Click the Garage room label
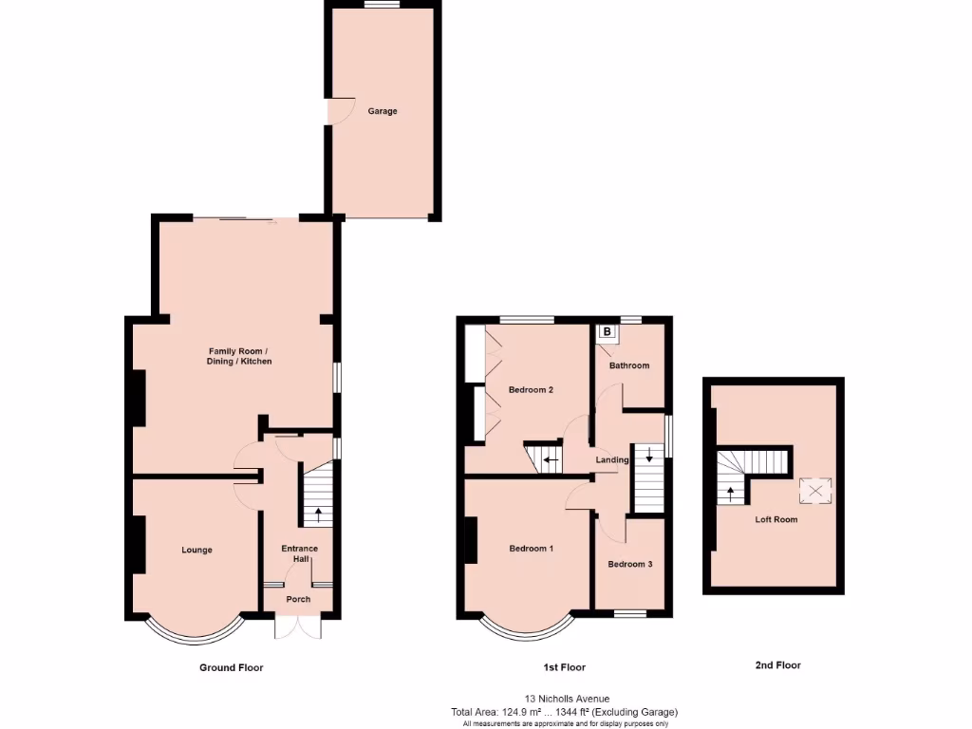(x=383, y=111)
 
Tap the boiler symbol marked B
(x=607, y=333)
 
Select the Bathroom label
(x=629, y=365)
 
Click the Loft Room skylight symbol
(x=814, y=491)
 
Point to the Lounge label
(x=197, y=550)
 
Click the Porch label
(x=298, y=599)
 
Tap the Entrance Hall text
(x=299, y=553)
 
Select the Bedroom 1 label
(x=531, y=549)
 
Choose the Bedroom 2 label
(x=531, y=389)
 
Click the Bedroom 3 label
(x=630, y=564)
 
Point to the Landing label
(x=612, y=460)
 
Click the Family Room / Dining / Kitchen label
(x=239, y=355)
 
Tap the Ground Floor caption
(x=231, y=667)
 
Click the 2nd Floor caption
(x=777, y=665)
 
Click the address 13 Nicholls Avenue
(x=564, y=698)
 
